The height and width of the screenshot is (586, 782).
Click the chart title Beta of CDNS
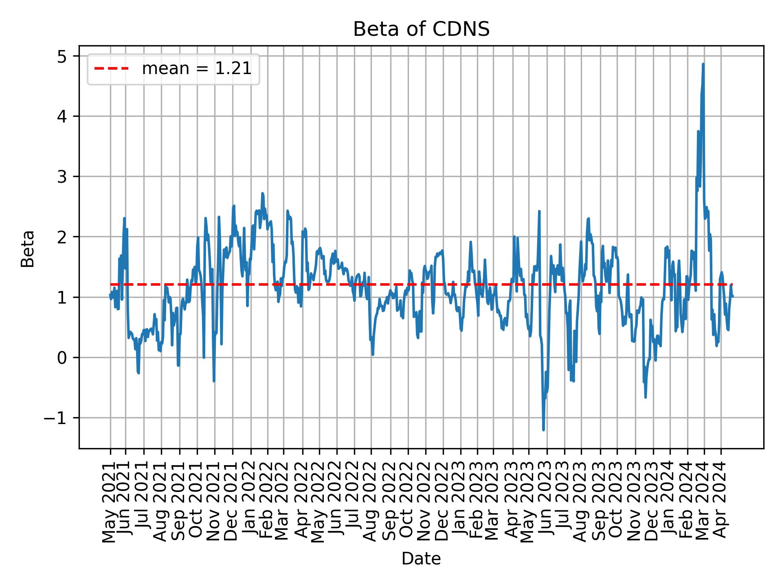click(421, 29)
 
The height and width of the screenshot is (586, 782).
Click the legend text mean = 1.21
click(197, 69)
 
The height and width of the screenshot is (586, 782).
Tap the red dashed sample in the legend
click(112, 69)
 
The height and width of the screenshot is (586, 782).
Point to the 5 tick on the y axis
click(62, 56)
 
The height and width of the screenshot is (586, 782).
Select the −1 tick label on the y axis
click(55, 418)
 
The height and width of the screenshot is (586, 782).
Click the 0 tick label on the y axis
click(62, 358)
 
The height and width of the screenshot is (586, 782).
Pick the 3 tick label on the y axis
click(62, 177)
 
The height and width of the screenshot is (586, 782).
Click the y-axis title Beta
click(28, 249)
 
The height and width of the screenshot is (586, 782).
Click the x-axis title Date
click(421, 559)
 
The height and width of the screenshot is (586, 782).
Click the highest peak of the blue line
click(703, 64)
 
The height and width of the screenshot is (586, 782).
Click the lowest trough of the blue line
click(543, 430)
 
